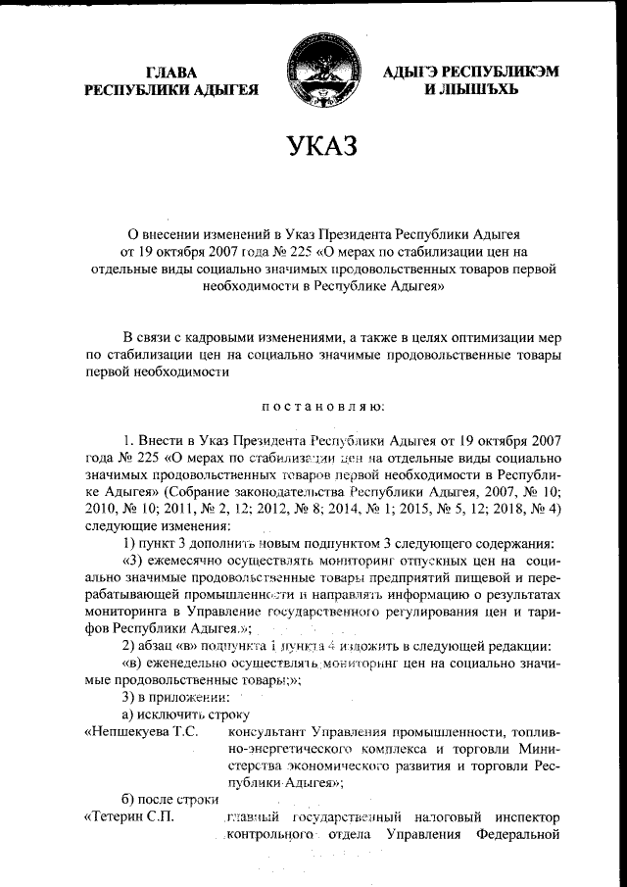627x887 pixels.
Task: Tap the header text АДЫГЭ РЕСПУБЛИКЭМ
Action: (x=457, y=72)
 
